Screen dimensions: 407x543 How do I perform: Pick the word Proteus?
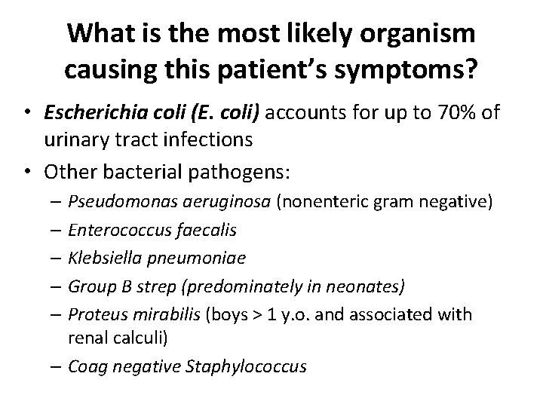click(94, 313)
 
